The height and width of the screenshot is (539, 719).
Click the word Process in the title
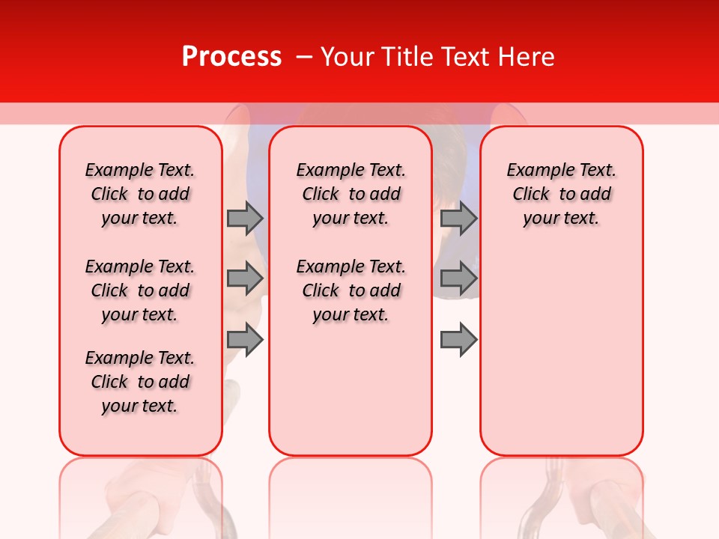click(x=231, y=57)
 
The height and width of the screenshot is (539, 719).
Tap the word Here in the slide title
click(x=524, y=57)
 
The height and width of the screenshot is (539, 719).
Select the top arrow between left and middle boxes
click(x=244, y=218)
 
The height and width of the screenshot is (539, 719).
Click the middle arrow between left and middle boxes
click(x=244, y=278)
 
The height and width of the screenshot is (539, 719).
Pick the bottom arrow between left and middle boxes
click(x=244, y=340)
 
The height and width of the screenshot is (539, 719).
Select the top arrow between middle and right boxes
click(x=458, y=218)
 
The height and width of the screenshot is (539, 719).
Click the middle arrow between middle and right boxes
click(x=458, y=278)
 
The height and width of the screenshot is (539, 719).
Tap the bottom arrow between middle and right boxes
click(x=458, y=340)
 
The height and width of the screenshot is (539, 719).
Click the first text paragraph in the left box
click(x=140, y=194)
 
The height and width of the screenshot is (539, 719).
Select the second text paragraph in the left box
click(x=140, y=290)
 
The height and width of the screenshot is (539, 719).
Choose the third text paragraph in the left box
click(x=140, y=382)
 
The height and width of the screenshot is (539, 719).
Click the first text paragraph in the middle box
click(x=351, y=194)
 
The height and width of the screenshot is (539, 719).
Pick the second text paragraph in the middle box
click(x=351, y=290)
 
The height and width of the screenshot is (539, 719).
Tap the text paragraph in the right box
click(x=561, y=194)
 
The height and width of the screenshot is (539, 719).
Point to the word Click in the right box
click(x=531, y=194)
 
